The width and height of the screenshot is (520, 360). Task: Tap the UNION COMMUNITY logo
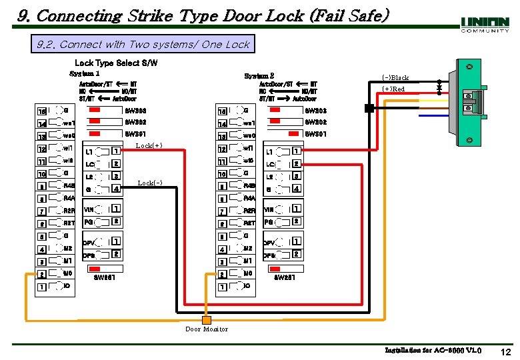click(x=485, y=24)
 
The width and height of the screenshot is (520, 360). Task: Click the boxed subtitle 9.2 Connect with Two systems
click(x=143, y=45)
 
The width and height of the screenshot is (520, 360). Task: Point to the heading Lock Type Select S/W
click(x=116, y=63)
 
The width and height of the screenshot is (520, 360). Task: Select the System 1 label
click(x=85, y=73)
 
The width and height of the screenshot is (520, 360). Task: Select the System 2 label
click(x=259, y=76)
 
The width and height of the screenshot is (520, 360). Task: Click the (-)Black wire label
click(x=395, y=77)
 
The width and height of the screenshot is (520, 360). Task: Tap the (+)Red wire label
click(x=393, y=89)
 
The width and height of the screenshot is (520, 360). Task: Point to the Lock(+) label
click(x=149, y=145)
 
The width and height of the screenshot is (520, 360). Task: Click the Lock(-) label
click(x=149, y=183)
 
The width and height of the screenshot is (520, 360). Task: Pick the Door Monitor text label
click(x=207, y=329)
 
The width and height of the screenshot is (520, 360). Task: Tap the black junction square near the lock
click(x=369, y=108)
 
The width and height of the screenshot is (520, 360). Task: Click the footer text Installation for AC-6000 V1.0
click(x=433, y=350)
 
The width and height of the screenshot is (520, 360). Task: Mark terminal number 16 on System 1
click(x=41, y=111)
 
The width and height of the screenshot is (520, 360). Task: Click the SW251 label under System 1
click(x=105, y=277)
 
